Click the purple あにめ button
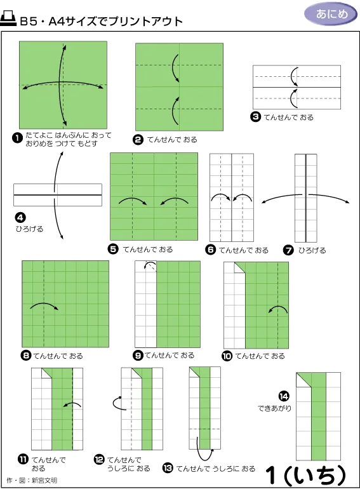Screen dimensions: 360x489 coord(331,14)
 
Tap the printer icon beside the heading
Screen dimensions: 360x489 coord(8,18)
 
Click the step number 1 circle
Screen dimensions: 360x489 coord(17,138)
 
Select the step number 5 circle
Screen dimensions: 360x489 coord(113,249)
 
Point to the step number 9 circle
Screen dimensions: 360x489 coord(138,355)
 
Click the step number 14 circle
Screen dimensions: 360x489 coord(284,396)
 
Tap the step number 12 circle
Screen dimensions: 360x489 coord(99,459)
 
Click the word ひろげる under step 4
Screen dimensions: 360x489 coord(30,229)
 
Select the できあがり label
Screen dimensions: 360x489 coord(274,408)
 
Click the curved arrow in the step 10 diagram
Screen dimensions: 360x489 coord(278,308)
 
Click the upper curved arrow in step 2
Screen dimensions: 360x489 coord(175,69)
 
